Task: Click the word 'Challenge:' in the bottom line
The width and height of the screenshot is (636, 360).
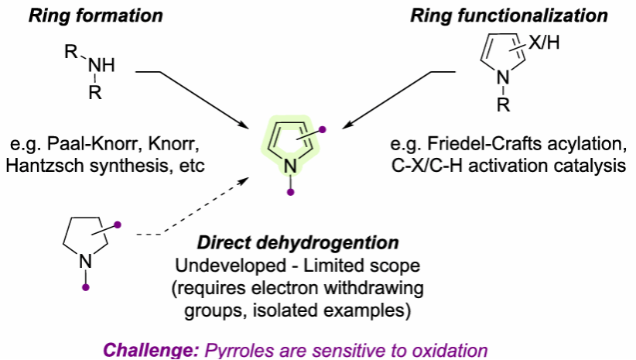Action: pyautogui.click(x=151, y=350)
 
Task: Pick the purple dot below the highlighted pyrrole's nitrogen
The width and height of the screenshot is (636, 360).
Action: pyautogui.click(x=289, y=192)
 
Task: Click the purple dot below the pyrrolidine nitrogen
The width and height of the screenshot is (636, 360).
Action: pyautogui.click(x=86, y=287)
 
